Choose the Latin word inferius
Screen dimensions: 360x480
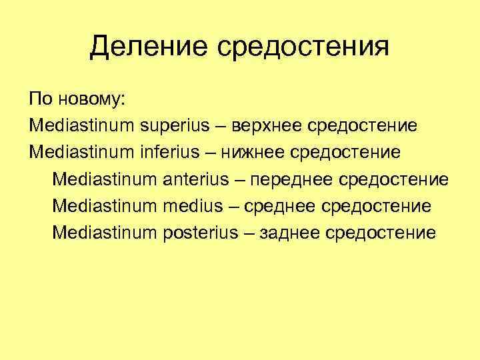click(170, 153)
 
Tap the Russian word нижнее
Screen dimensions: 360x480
click(255, 153)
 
